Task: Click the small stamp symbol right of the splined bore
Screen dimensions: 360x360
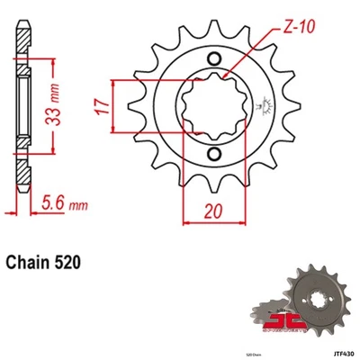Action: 265,108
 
